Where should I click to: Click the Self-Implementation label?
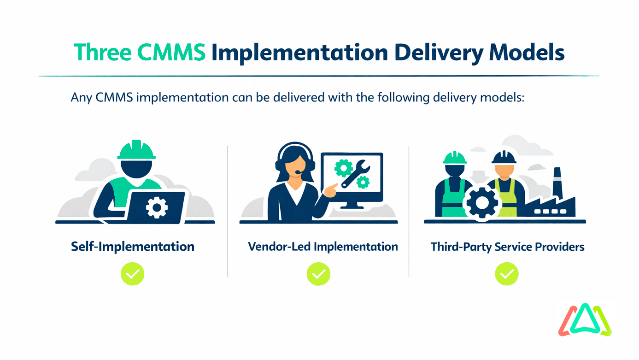(x=133, y=247)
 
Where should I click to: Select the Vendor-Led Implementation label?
(x=323, y=247)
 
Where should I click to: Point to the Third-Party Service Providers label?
(x=507, y=247)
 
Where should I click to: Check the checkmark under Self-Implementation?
(x=133, y=275)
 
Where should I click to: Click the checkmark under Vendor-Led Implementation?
(x=319, y=275)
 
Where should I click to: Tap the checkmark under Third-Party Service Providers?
(x=507, y=275)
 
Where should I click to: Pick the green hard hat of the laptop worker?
(x=136, y=150)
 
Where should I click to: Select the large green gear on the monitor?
(x=343, y=169)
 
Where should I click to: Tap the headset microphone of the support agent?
(x=298, y=172)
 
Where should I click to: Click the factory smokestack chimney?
(x=556, y=182)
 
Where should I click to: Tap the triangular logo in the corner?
(x=585, y=320)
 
